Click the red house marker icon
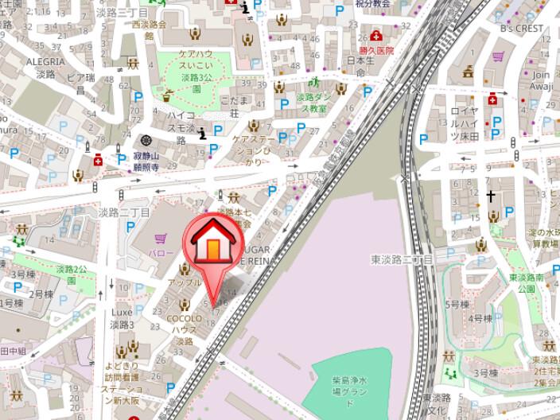click(212, 243)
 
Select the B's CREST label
click(521, 29)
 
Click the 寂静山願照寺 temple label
click(146, 163)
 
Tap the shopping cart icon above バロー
click(161, 237)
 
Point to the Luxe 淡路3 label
click(122, 318)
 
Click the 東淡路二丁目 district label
click(401, 260)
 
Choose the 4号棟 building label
click(480, 318)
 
